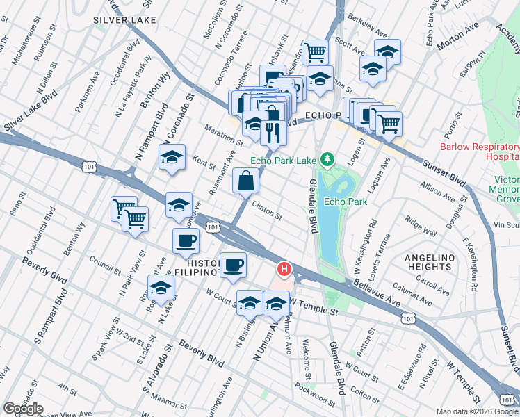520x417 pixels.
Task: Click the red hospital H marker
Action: coord(284,268)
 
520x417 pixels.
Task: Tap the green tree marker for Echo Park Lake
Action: coord(325,161)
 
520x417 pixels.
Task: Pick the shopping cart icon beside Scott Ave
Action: coord(316,51)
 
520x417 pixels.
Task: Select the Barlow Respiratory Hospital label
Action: coord(480,152)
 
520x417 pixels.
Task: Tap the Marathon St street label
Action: coord(223,134)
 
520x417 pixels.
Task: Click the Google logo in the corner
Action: coord(24,408)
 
